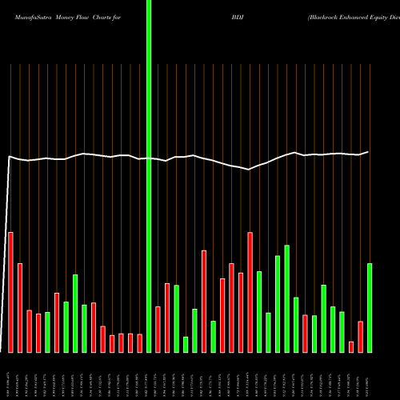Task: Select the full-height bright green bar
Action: click(149, 176)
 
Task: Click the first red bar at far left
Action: click(10, 292)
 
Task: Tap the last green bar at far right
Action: click(370, 308)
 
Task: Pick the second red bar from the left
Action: click(20, 308)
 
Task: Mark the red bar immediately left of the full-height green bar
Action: click(139, 343)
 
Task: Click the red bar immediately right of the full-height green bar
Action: click(158, 330)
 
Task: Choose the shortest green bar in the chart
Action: click(186, 345)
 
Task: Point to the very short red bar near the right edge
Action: click(351, 346)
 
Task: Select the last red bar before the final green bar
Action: click(361, 337)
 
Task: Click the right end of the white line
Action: click(369, 151)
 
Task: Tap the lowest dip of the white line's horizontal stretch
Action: click(249, 169)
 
